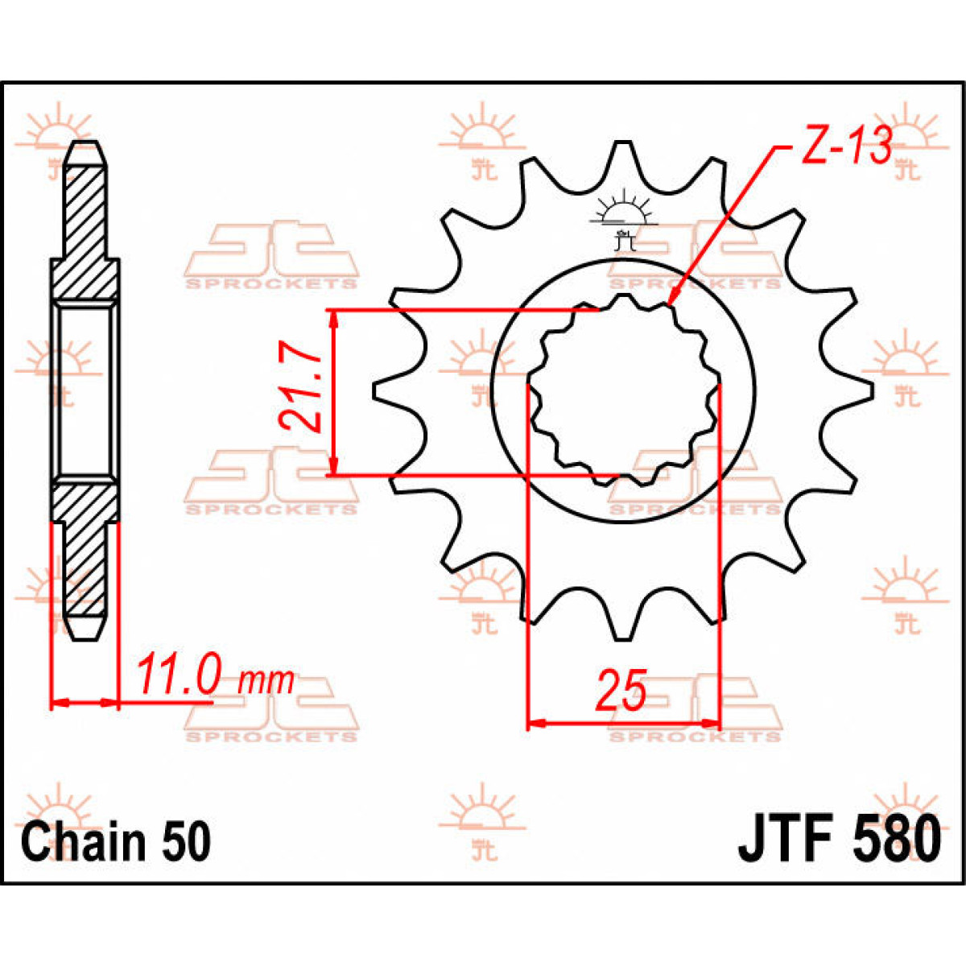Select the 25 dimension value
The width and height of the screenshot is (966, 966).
point(621,691)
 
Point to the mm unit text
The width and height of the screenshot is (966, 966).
point(267,682)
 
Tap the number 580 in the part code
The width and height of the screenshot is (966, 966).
point(893,839)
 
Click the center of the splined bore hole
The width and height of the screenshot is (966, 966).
point(622,391)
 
